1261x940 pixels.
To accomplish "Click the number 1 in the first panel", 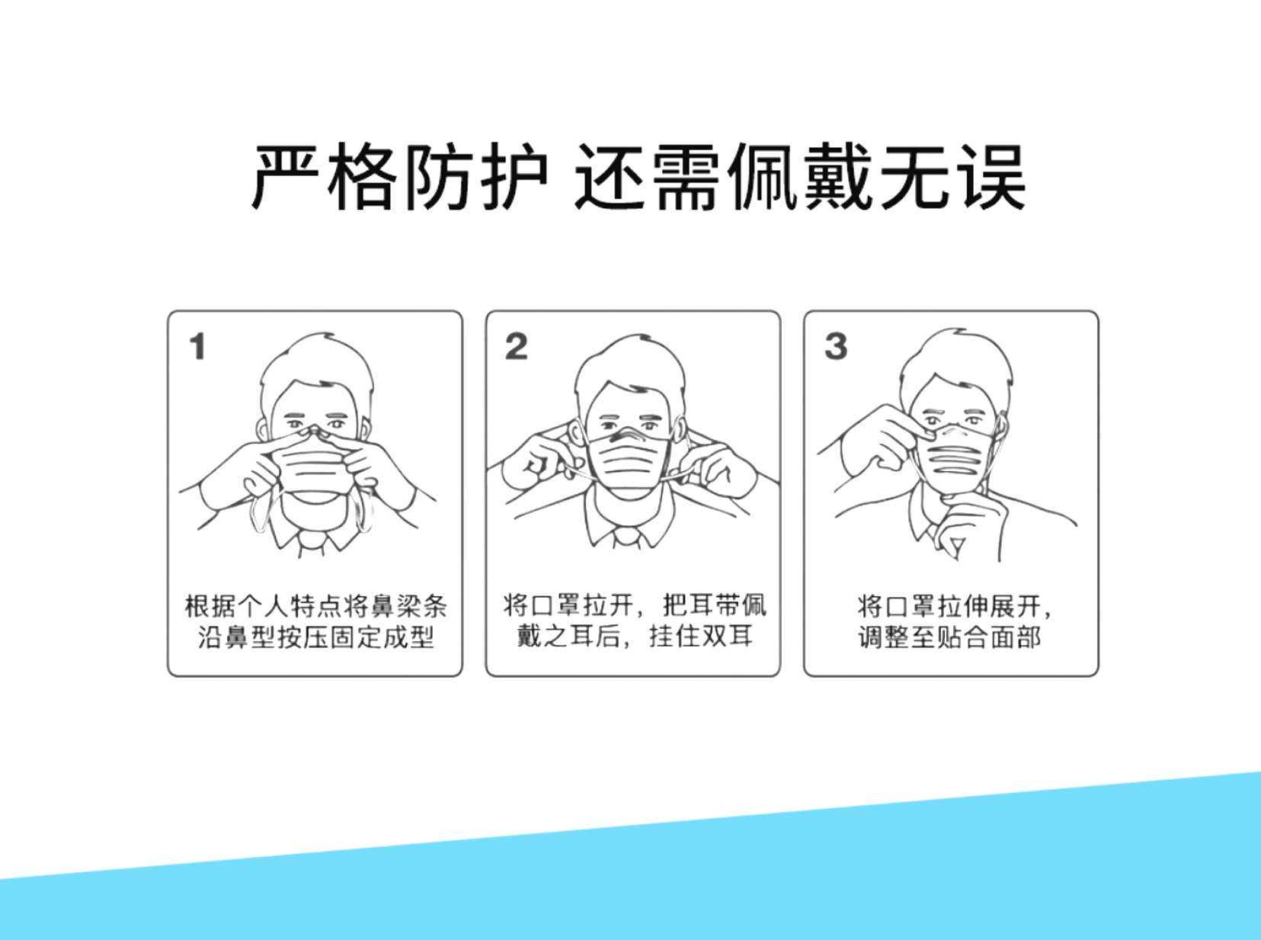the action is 197,347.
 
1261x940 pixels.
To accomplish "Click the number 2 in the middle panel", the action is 517,347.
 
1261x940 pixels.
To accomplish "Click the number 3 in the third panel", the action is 836,347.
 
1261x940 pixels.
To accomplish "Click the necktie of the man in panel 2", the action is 626,538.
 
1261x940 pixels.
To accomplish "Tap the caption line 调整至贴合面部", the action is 949,637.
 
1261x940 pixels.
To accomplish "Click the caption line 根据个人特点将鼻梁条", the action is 315,607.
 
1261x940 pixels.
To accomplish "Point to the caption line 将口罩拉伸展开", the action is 949,607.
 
